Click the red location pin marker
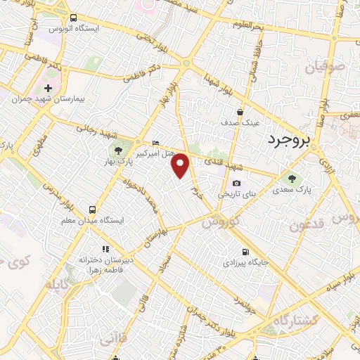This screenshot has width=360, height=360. (x=181, y=165)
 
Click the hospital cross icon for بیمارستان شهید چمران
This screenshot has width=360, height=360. (x=48, y=89)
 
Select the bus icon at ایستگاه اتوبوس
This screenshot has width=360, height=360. (x=74, y=17)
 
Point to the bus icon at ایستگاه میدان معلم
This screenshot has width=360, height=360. (x=92, y=209)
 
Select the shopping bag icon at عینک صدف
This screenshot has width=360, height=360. (x=240, y=110)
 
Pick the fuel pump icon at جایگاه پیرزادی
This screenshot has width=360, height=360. (x=244, y=252)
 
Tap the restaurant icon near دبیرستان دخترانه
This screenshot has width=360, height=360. (x=105, y=248)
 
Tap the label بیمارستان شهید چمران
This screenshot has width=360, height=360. (x=48, y=100)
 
